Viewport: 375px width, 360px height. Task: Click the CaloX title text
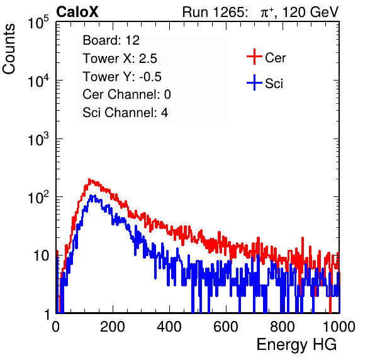[77, 12]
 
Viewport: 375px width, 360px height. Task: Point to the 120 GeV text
[310, 12]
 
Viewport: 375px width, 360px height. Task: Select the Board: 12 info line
[111, 40]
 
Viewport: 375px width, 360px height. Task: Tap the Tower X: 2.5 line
[120, 59]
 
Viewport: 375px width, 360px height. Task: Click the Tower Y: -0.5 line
[122, 77]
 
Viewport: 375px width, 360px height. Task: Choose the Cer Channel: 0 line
[126, 94]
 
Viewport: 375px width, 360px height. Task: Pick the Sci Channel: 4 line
[125, 113]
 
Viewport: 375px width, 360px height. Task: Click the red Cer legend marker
[254, 57]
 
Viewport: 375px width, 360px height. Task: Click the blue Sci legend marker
[254, 83]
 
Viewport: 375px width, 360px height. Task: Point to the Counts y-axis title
[9, 49]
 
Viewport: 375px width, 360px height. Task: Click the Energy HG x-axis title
[296, 344]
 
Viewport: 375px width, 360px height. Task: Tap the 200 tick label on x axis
[113, 327]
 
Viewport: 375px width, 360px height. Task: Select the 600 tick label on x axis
[226, 327]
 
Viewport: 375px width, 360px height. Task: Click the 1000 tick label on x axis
[339, 327]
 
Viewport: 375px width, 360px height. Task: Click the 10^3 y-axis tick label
[38, 139]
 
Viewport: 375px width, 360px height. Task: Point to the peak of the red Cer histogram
[89, 179]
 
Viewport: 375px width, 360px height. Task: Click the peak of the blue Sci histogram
[91, 196]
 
